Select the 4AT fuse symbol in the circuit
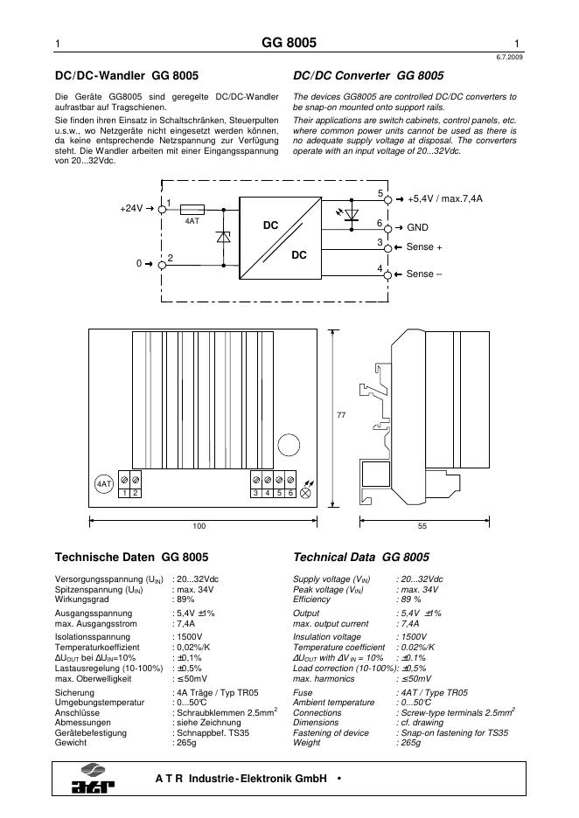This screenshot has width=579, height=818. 192,210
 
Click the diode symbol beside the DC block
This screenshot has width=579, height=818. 222,236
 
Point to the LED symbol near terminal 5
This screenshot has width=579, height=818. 352,214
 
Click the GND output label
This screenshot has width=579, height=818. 417,227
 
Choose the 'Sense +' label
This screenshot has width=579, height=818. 424,247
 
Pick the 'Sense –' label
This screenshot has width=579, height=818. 424,274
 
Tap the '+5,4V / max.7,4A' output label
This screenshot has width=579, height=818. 444,199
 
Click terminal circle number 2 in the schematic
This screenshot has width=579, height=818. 162,262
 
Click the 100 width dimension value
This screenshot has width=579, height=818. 199,527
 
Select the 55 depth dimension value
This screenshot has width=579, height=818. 422,527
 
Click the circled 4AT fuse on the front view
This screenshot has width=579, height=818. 103,483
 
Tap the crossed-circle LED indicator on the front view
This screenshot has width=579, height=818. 306,493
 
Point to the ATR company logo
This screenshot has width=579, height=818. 94,780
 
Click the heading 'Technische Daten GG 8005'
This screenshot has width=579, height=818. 131,557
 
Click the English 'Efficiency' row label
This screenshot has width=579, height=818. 311,600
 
